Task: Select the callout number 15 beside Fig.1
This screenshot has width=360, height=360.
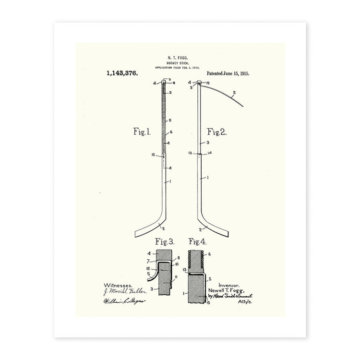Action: [x=153, y=155]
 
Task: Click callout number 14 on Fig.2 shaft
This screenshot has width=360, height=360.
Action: [x=210, y=153]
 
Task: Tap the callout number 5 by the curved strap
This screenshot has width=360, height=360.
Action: [x=234, y=93]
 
